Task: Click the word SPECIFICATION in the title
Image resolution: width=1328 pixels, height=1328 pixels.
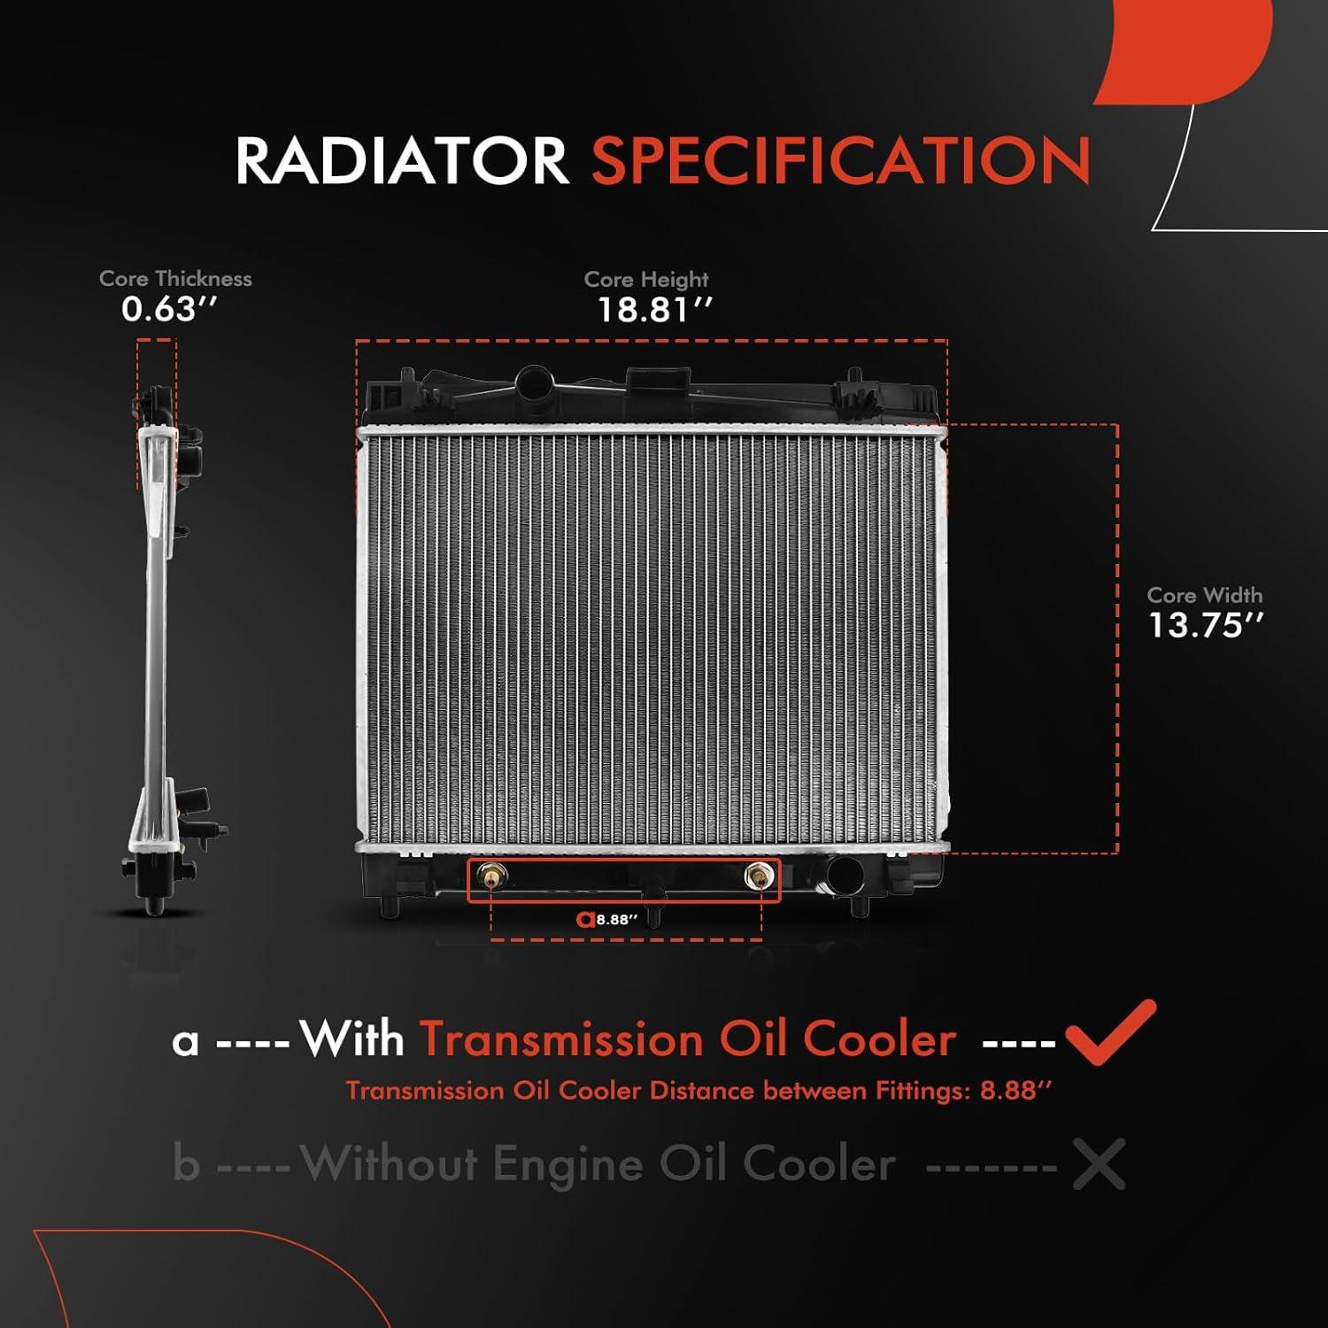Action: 840,161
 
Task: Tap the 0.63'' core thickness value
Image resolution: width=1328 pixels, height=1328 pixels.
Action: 169,309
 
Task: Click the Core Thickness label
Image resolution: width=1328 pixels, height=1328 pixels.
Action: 175,279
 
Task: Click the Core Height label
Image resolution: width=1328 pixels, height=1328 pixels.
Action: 646,280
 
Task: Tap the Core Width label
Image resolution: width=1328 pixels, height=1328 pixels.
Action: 1205,596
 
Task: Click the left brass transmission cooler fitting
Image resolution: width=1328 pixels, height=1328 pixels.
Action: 490,876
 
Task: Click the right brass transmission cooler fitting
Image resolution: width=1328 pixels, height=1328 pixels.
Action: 759,876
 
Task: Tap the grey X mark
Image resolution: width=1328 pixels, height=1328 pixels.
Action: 1099,1163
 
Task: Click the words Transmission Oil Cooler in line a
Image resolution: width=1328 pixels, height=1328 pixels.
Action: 688,1039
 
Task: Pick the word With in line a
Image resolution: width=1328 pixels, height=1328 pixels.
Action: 351,1039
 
